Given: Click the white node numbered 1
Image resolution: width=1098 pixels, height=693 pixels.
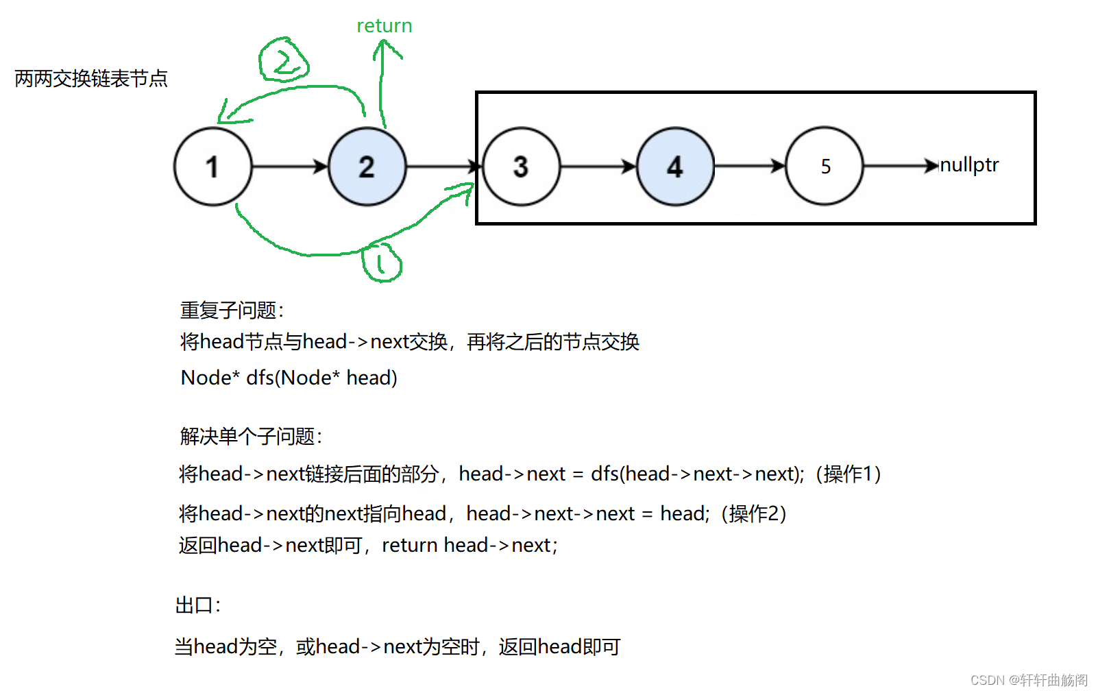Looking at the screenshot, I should (213, 167).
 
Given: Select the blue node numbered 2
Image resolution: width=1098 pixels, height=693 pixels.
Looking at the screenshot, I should (367, 167).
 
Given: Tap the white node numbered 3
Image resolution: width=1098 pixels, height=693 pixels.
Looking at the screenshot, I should (522, 167).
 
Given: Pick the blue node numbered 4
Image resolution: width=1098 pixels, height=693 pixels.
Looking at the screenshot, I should (676, 167).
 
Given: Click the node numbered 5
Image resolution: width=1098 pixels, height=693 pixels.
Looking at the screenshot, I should (825, 166).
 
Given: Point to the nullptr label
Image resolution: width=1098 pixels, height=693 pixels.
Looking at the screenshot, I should (969, 165).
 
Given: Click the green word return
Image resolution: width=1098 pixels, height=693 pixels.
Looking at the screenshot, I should (384, 26).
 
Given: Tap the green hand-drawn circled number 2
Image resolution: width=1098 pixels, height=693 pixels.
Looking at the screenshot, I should (283, 61).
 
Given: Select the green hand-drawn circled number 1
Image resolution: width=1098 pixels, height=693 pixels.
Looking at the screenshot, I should (382, 262).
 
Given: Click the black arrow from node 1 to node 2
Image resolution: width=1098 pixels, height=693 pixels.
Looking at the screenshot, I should (290, 167).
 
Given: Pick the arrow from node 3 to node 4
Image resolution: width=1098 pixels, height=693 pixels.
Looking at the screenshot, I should (598, 167).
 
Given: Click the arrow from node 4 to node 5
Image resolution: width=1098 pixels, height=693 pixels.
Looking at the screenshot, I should (749, 166).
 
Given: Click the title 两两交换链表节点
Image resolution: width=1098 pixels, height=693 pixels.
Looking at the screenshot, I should (91, 79).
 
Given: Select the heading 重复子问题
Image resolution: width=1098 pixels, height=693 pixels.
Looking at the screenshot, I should (232, 311).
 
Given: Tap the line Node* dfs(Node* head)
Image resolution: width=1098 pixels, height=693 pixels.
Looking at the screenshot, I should (289, 378).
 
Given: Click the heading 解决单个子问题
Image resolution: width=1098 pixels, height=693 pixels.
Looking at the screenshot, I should (251, 436).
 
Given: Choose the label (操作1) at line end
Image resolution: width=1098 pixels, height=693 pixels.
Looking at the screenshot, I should (848, 474).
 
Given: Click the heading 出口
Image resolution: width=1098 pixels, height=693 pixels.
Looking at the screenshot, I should (198, 605).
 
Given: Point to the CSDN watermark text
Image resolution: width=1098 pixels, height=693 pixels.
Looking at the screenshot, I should (1029, 680).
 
